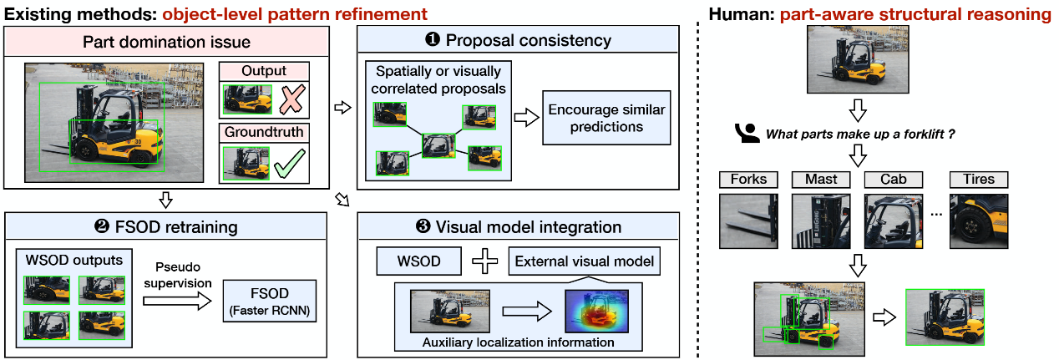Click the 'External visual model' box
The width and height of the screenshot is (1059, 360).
[584, 261]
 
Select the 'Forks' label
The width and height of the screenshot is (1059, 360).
[748, 179]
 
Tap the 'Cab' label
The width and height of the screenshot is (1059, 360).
[893, 179]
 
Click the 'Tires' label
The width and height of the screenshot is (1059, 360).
[978, 179]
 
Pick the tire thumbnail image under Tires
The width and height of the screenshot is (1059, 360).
[978, 221]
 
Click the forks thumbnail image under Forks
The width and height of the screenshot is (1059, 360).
[748, 221]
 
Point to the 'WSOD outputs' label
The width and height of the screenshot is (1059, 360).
[73, 260]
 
